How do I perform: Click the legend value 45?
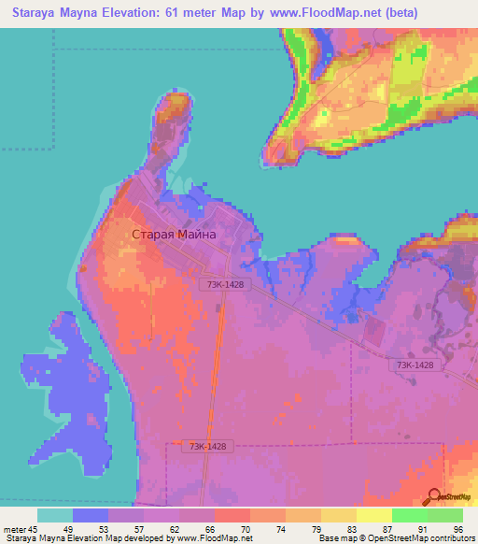(34, 529)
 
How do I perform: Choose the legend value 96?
(457, 529)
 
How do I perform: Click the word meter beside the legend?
(13, 529)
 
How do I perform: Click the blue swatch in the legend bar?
(90, 515)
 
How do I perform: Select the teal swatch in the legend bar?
(54, 515)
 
